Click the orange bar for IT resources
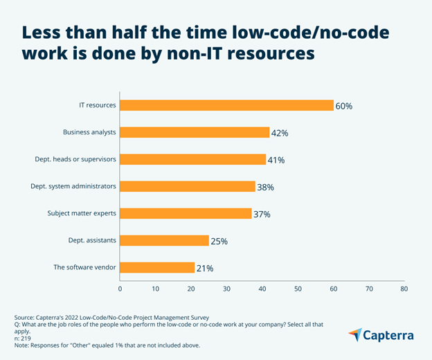click(x=226, y=105)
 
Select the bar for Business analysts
click(x=195, y=132)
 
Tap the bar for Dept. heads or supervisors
click(x=192, y=159)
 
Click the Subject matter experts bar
click(x=186, y=213)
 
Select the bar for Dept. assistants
click(x=164, y=240)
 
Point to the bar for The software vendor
click(x=157, y=267)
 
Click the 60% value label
click(x=344, y=106)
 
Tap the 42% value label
click(x=280, y=133)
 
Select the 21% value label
click(x=206, y=268)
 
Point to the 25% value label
click(x=219, y=241)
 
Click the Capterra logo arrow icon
click(x=354, y=335)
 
